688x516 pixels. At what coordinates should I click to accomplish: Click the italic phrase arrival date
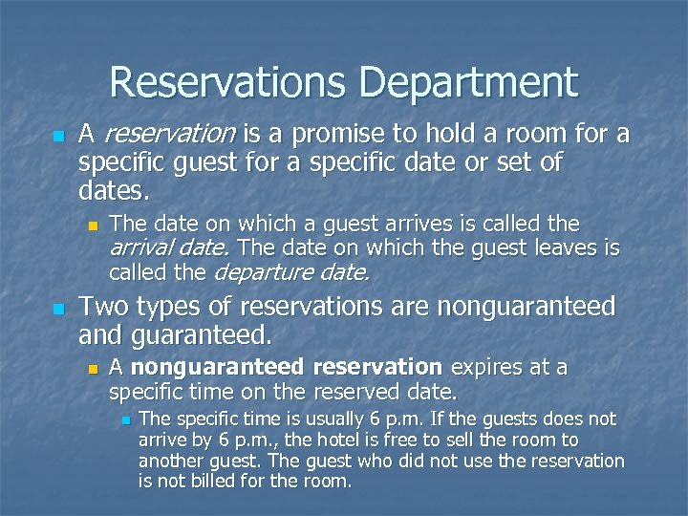pos(168,248)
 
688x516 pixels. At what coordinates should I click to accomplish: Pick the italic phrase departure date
pos(292,272)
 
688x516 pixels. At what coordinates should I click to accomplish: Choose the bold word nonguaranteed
pos(217,368)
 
